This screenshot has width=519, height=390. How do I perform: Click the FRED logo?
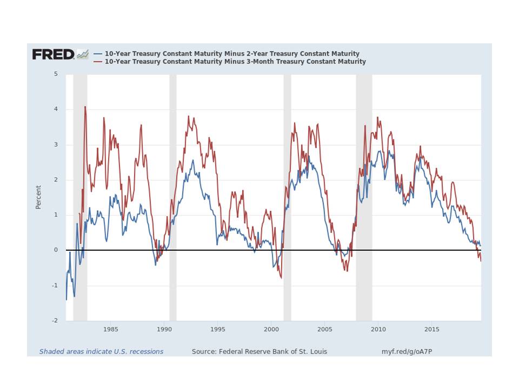pos(53,54)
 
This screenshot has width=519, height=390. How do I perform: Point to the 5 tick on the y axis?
pos(56,74)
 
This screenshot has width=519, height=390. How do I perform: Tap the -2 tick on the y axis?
pos(55,321)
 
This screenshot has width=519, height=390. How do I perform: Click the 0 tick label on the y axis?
pos(56,250)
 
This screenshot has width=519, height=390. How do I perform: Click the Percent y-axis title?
pos(38,197)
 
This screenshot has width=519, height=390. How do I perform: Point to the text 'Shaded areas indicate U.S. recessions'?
pos(101,352)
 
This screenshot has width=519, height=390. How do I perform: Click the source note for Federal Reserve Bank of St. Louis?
pos(259,352)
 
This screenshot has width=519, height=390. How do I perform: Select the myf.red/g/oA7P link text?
pos(407,352)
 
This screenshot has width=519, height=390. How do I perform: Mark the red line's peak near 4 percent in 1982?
pos(85,107)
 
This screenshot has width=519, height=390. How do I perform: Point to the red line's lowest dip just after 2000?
pos(281,277)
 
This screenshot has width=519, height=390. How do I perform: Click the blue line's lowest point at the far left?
pos(66,299)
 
